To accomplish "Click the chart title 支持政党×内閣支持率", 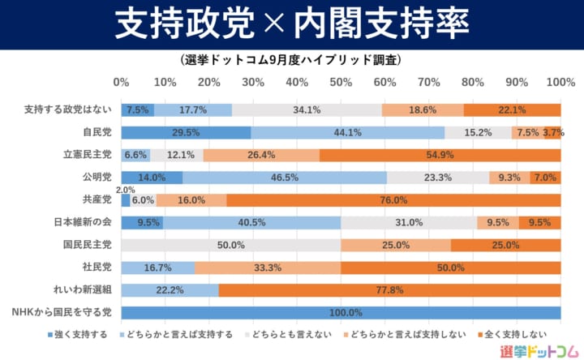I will [292, 24].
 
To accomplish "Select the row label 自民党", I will [96, 132].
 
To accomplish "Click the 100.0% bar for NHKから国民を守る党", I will [341, 313].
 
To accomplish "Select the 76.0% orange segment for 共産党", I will [393, 199].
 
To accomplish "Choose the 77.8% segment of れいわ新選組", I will [389, 290].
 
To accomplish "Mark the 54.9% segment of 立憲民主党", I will [440, 155].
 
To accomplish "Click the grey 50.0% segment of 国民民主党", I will [231, 245].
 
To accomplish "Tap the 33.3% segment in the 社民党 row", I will [268, 268].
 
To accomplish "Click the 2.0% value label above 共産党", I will [126, 190].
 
